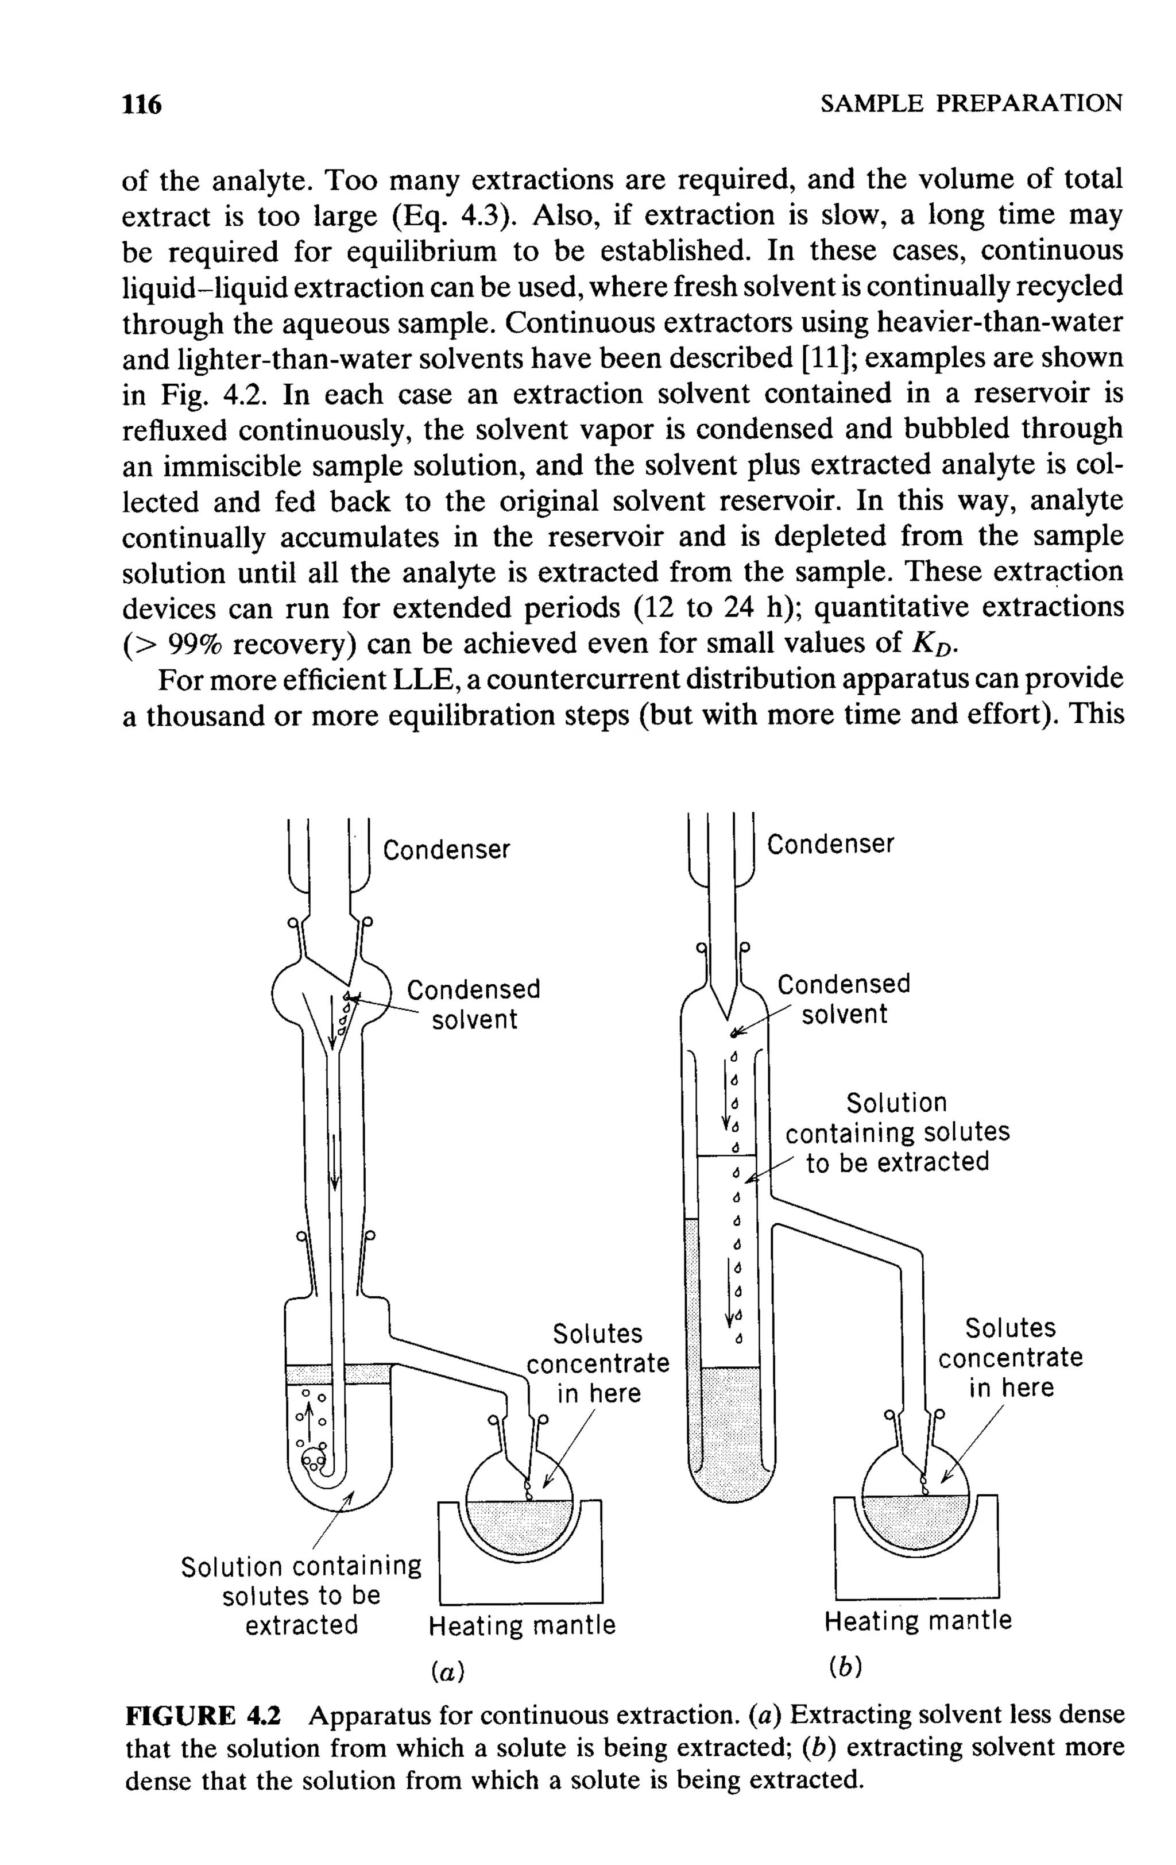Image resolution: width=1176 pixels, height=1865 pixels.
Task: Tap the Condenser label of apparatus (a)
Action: tap(447, 850)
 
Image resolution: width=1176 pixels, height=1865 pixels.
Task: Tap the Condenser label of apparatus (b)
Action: tap(830, 843)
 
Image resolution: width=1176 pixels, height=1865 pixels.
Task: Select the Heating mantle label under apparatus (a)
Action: tap(522, 1625)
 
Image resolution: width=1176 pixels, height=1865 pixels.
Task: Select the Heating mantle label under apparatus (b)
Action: tap(918, 1620)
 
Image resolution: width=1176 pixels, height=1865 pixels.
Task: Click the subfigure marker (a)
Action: tap(447, 1672)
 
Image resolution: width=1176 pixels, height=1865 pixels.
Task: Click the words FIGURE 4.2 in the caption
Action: tap(204, 1716)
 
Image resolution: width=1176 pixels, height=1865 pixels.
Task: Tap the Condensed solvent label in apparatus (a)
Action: tap(474, 1004)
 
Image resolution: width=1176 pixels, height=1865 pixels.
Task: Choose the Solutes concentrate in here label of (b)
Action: tap(1010, 1358)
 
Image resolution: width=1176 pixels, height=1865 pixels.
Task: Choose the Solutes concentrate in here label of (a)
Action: tap(598, 1363)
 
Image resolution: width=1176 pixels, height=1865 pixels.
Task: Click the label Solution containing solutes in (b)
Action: tap(898, 1132)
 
